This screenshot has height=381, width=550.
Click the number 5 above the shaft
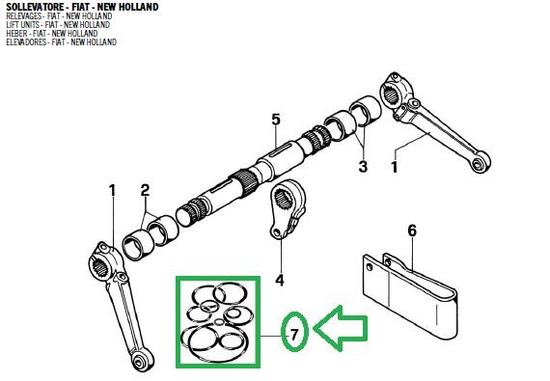click(x=275, y=121)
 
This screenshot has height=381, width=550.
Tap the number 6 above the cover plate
click(x=412, y=231)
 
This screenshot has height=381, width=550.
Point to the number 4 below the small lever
click(x=279, y=281)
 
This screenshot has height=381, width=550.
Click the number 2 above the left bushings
click(x=145, y=190)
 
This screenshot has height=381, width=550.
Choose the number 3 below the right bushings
click(x=363, y=167)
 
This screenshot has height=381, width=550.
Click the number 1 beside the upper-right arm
click(x=393, y=167)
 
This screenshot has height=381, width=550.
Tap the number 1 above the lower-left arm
click(x=112, y=190)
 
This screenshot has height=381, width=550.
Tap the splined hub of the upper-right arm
click(x=397, y=89)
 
